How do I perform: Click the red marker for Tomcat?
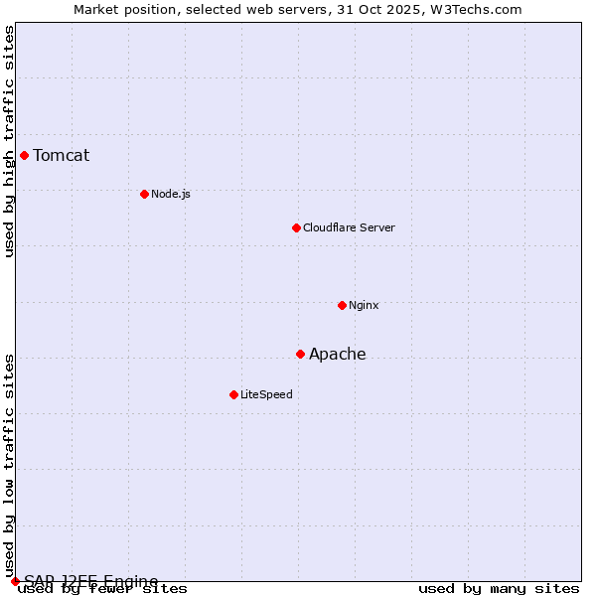tap(24, 155)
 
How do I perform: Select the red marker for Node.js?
tap(144, 194)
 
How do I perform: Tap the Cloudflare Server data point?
tap(296, 227)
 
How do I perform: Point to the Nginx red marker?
tap(342, 305)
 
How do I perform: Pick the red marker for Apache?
tap(300, 354)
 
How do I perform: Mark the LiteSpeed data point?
tap(233, 394)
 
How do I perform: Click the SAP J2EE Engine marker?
tap(15, 580)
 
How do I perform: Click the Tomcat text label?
tap(62, 155)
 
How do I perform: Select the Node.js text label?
tap(171, 194)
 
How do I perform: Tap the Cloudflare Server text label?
tap(349, 227)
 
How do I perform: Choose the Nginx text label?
tap(364, 305)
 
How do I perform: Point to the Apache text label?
tap(338, 354)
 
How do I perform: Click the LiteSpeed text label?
tap(266, 394)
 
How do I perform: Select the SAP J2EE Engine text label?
tap(91, 580)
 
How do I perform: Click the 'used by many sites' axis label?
tap(499, 589)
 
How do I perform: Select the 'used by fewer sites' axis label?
tap(102, 589)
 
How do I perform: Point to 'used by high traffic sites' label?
tap(9, 141)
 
